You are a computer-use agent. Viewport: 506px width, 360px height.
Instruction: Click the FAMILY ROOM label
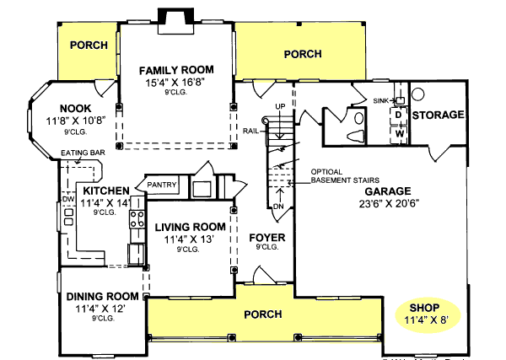176,69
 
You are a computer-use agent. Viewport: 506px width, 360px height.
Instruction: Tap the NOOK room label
77,109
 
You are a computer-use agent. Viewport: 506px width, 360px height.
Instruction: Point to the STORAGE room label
439,115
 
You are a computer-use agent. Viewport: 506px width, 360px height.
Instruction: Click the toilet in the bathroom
355,134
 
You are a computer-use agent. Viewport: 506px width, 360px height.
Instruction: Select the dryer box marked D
400,116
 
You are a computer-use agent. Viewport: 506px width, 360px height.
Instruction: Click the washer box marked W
400,132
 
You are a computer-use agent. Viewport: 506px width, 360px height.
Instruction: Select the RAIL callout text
250,132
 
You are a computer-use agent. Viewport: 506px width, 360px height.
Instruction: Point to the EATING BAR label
83,153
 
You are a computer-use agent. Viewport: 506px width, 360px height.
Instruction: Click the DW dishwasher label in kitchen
67,199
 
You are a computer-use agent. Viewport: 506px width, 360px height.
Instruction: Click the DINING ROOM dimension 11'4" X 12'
101,309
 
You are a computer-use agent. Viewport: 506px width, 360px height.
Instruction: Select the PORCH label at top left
89,45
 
